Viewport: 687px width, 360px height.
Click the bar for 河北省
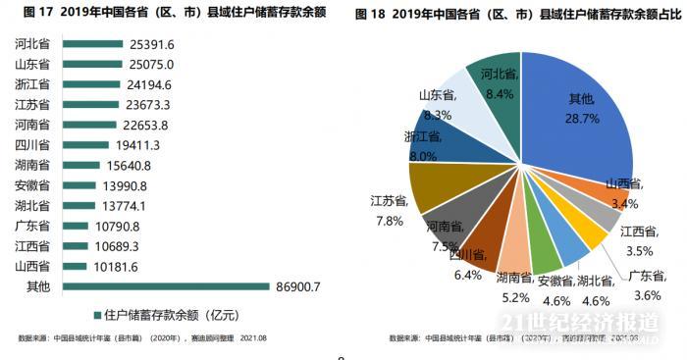(x=92, y=45)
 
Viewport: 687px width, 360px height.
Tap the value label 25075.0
(x=151, y=64)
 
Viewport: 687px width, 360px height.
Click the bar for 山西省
(x=75, y=266)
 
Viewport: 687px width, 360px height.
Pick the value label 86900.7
(x=296, y=286)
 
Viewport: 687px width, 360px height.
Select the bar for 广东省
(x=76, y=226)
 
